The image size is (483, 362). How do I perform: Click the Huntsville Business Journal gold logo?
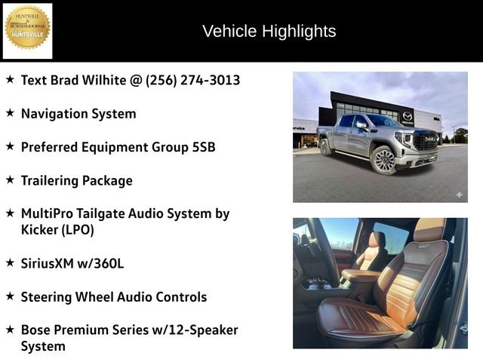tap(28, 29)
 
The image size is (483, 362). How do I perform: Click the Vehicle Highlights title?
tap(269, 31)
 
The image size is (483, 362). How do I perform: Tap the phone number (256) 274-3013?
tap(192, 80)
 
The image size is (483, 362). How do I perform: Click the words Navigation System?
tap(78, 114)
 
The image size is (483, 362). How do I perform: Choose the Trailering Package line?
tap(76, 180)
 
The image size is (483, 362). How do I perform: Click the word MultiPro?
tap(48, 213)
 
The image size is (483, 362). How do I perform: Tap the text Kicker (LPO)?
tap(57, 230)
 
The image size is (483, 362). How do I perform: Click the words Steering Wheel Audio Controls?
tap(113, 296)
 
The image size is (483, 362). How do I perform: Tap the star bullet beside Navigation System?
tap(10, 112)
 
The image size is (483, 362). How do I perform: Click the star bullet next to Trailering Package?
tap(10, 179)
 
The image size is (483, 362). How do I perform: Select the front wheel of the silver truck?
tap(383, 160)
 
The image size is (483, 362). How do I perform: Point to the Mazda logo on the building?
tap(408, 117)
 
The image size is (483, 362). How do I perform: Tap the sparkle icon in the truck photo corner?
tap(458, 195)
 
